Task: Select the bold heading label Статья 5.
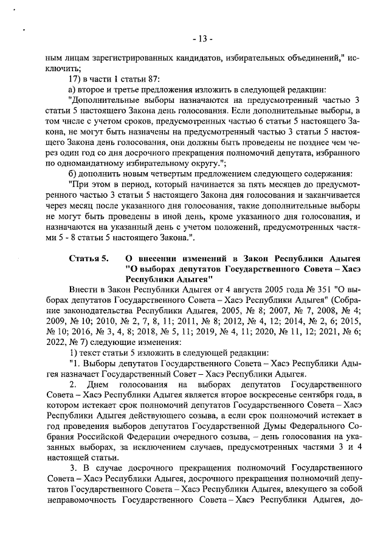click(x=89, y=258)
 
